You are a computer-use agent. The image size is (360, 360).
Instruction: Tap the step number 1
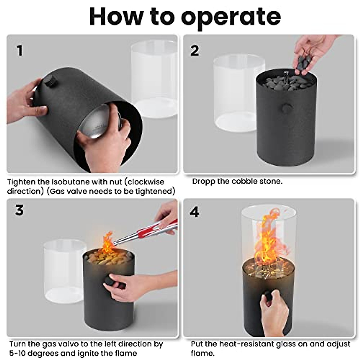point(20,51)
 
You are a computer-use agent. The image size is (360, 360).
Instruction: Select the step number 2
point(194,51)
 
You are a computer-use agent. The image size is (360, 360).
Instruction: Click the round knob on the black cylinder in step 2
point(287,108)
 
